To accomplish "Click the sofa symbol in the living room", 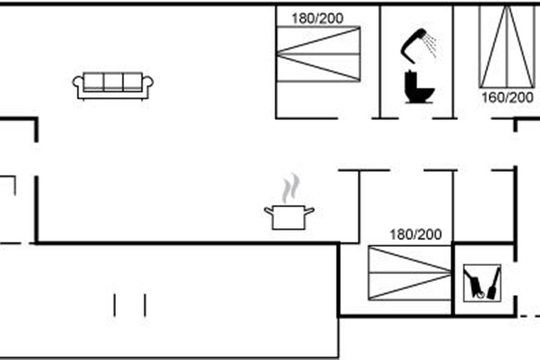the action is [x=113, y=86].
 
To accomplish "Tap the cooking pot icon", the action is [x=289, y=217].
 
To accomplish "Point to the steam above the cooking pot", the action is [x=291, y=188].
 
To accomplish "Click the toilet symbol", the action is [x=419, y=86].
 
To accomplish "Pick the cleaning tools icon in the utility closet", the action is [x=482, y=283].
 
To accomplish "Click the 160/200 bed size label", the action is [x=508, y=98].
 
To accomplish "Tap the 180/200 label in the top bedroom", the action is [x=318, y=18].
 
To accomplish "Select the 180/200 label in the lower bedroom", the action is [x=416, y=234].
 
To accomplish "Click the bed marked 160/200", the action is [x=507, y=46].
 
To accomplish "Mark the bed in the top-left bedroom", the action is [x=319, y=54].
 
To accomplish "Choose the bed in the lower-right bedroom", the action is [x=409, y=273].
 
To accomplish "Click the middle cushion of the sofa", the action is [x=113, y=82].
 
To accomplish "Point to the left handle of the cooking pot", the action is [x=269, y=211].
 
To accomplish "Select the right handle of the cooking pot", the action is [x=310, y=211].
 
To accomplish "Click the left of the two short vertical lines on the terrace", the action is [x=114, y=305].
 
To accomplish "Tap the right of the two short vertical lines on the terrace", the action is [x=145, y=305].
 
